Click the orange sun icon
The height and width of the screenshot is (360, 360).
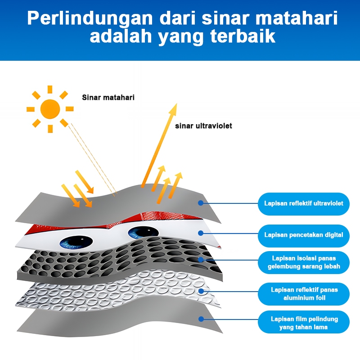50,109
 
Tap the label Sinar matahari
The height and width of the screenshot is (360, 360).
108,97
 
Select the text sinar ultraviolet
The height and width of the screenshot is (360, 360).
203,126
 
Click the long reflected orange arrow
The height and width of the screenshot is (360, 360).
160,144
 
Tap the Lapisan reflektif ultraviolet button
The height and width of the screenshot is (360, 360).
303,203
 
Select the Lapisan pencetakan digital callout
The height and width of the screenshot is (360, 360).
303,234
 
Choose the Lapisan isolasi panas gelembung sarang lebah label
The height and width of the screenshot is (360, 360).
303,262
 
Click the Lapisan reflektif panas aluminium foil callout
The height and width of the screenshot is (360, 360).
303,294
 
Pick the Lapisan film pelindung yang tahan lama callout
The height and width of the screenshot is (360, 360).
303,323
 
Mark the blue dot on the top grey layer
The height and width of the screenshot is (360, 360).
201,203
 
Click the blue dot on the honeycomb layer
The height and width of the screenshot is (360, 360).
201,260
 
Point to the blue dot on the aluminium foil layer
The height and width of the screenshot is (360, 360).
201,291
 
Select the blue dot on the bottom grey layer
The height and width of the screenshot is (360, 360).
201,319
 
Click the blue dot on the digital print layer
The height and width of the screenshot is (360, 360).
201,233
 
